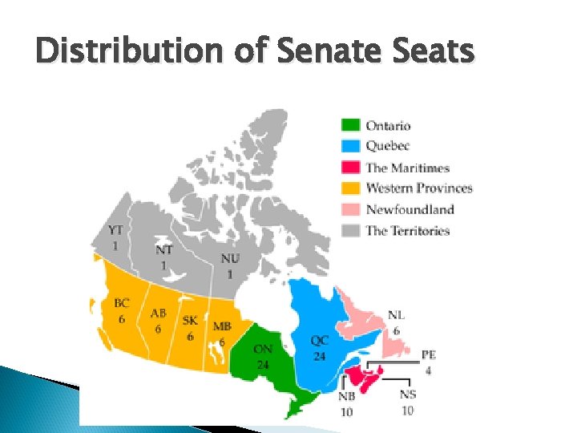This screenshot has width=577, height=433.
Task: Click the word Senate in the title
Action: [315, 52]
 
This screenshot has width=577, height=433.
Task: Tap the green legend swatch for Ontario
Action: [350, 125]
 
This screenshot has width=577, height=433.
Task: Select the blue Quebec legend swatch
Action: [350, 146]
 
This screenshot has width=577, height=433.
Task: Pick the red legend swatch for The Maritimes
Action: [350, 168]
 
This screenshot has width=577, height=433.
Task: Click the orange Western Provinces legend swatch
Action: [350, 188]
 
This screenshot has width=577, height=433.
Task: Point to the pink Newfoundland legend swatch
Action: [350, 209]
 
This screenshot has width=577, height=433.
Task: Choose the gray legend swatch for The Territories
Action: [350, 231]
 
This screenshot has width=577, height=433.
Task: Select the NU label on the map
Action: [230, 259]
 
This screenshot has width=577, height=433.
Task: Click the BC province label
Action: [121, 304]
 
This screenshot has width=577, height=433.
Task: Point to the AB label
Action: [158, 314]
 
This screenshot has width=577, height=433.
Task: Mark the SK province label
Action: [190, 321]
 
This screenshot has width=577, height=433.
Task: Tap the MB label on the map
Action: [222, 326]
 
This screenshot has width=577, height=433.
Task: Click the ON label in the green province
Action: [262, 349]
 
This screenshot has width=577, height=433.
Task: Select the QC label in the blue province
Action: [320, 340]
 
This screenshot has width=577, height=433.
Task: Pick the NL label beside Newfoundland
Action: [396, 316]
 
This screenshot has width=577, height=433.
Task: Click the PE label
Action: [429, 355]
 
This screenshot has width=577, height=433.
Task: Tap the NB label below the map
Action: [347, 396]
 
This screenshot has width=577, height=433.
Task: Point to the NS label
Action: [408, 395]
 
